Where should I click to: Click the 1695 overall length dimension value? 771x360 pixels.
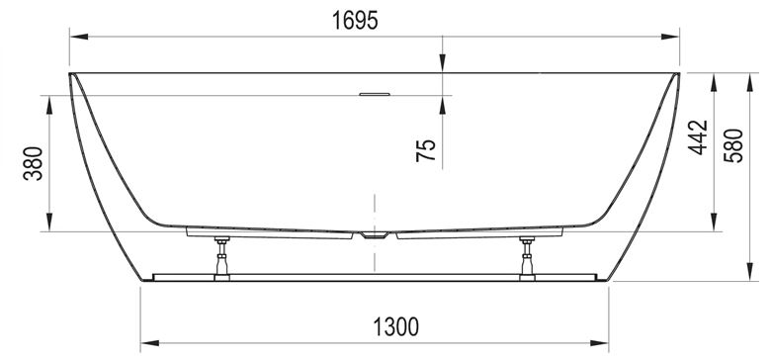pyautogui.click(x=355, y=20)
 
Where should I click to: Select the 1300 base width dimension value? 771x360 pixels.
pyautogui.click(x=395, y=326)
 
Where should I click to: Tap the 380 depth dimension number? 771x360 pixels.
pyautogui.click(x=34, y=163)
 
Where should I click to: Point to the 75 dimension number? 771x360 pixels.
pyautogui.click(x=426, y=150)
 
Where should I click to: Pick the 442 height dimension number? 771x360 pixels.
pyautogui.click(x=698, y=137)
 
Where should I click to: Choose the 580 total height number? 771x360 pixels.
pyautogui.click(x=733, y=145)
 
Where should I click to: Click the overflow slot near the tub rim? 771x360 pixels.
pyautogui.click(x=375, y=94)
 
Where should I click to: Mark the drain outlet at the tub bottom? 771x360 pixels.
pyautogui.click(x=375, y=235)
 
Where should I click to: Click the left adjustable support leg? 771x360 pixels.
pyautogui.click(x=221, y=259)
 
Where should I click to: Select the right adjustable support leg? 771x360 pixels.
pyautogui.click(x=527, y=259)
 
